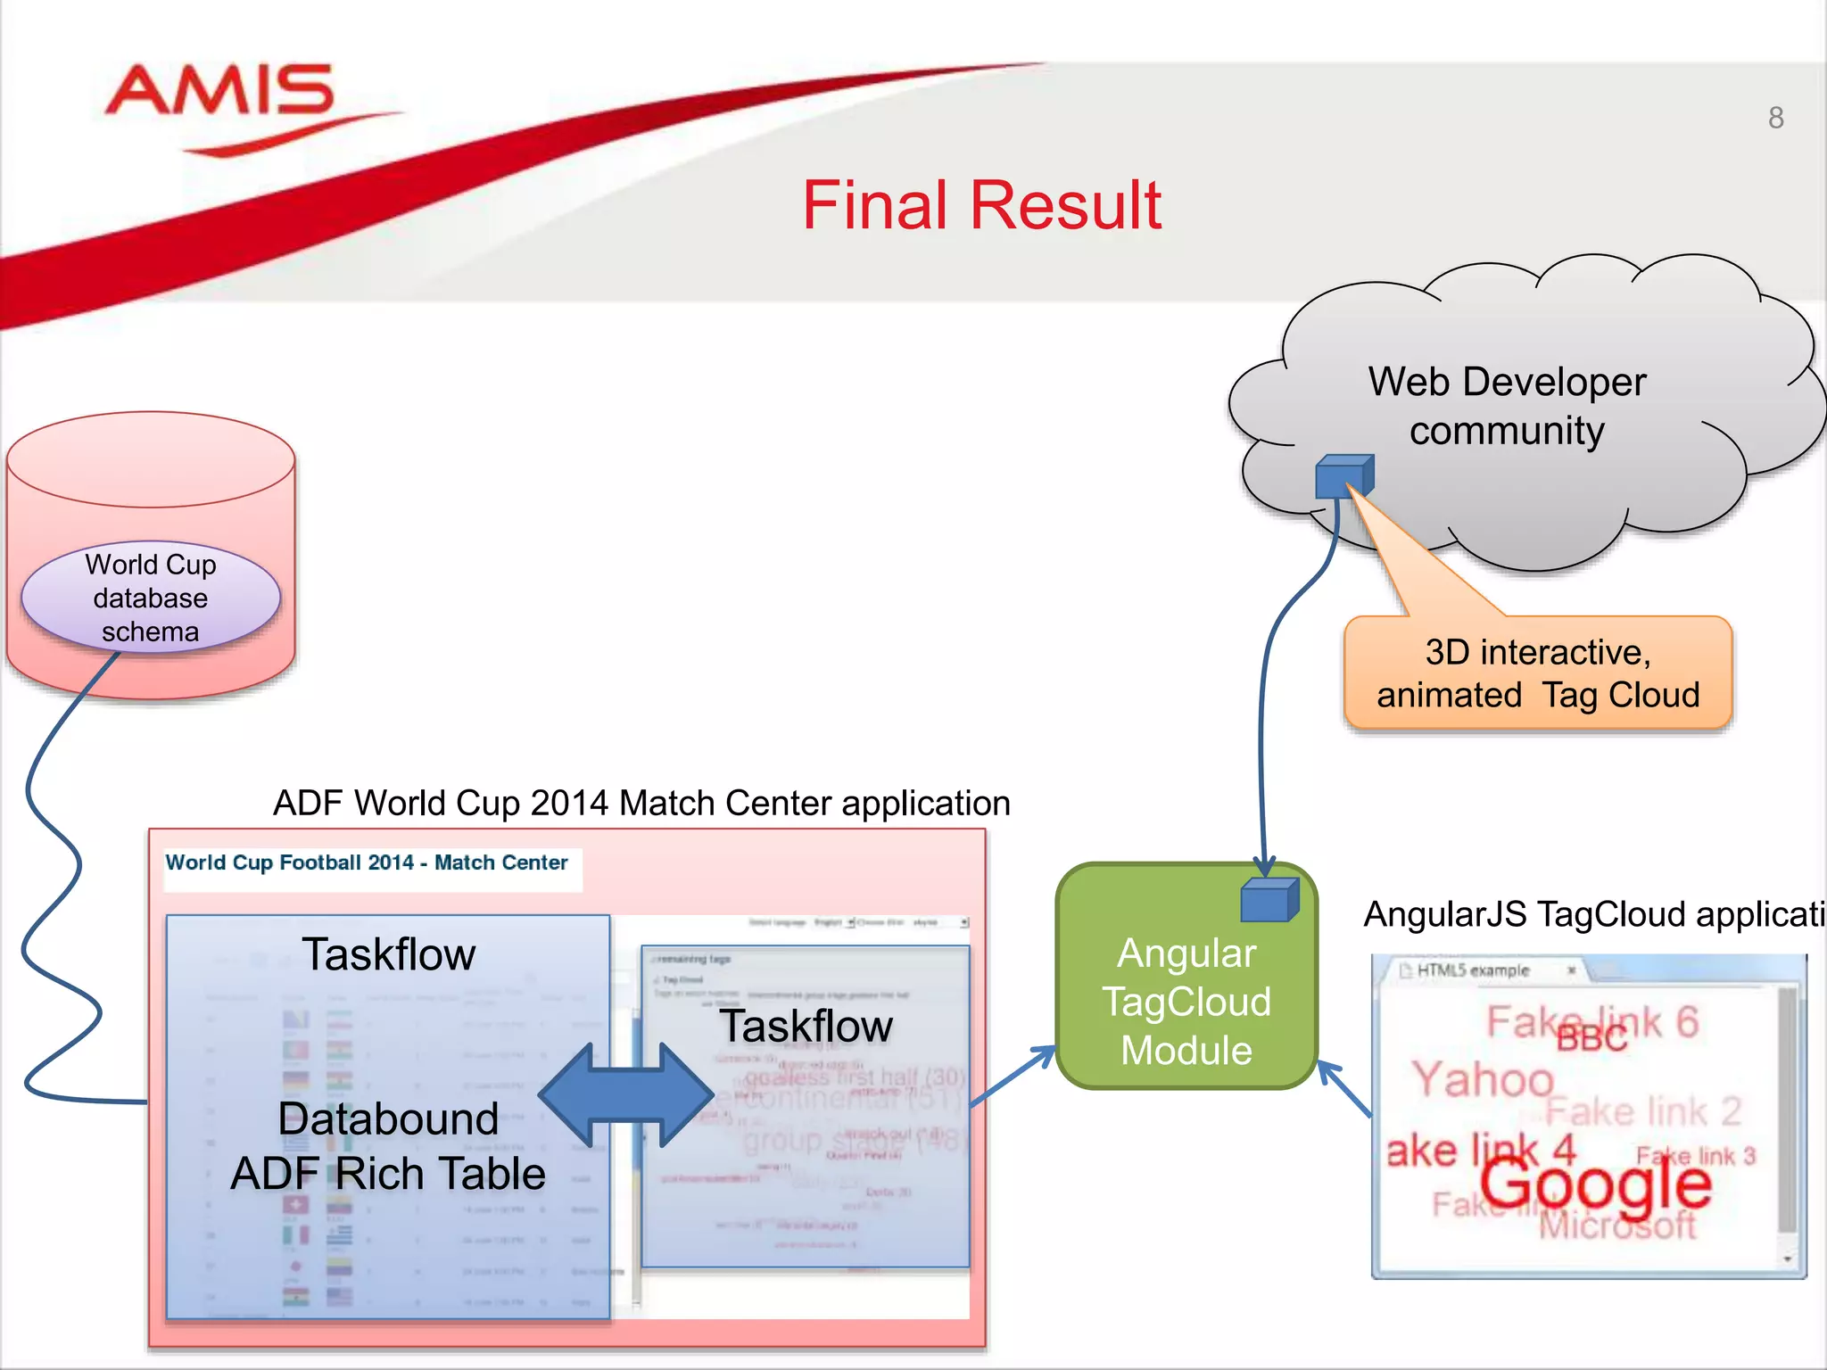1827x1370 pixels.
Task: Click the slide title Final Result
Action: (981, 205)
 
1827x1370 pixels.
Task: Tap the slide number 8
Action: (1775, 118)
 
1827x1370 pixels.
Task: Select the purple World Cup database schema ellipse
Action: (151, 598)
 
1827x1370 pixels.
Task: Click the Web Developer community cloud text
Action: (1507, 406)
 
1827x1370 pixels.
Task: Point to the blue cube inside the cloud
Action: (1343, 476)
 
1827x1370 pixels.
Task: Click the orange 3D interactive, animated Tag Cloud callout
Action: (1538, 674)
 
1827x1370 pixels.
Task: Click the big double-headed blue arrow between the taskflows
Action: (626, 1095)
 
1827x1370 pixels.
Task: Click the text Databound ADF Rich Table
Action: (388, 1146)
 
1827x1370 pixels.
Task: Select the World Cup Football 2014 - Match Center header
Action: (367, 862)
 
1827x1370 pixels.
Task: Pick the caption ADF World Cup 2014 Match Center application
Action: (641, 803)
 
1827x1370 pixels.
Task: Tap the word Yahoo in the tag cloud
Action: (1483, 1079)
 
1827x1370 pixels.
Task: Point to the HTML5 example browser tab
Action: (1474, 970)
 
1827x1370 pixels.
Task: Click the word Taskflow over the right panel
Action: (806, 1026)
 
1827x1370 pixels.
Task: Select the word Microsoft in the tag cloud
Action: (1616, 1226)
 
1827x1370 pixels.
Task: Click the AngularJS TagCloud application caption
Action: (1593, 914)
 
